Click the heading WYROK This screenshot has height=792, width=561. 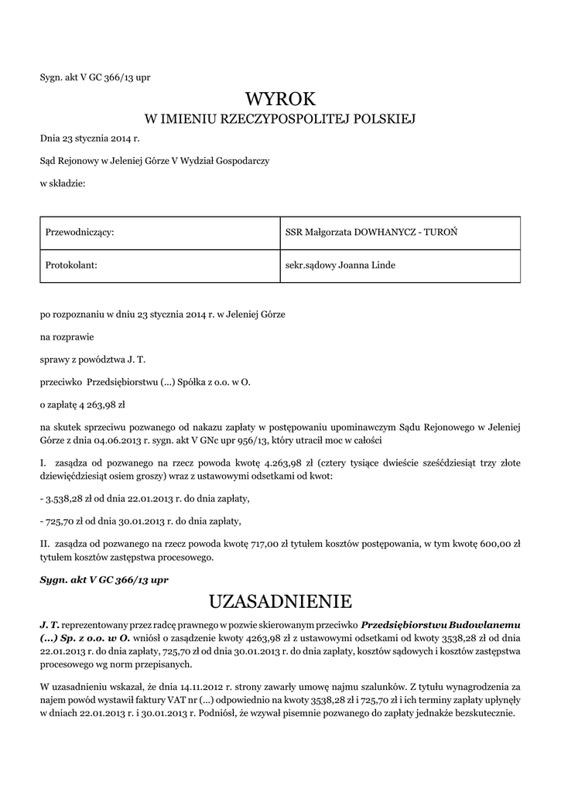(x=281, y=99)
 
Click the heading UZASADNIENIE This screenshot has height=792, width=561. (x=281, y=601)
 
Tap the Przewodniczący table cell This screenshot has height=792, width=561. (x=159, y=233)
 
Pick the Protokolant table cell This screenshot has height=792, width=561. (x=159, y=265)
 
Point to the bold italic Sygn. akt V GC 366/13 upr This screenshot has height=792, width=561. (x=104, y=579)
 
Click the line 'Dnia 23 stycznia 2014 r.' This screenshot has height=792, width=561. (x=90, y=140)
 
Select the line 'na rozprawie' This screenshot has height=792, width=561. (x=68, y=337)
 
